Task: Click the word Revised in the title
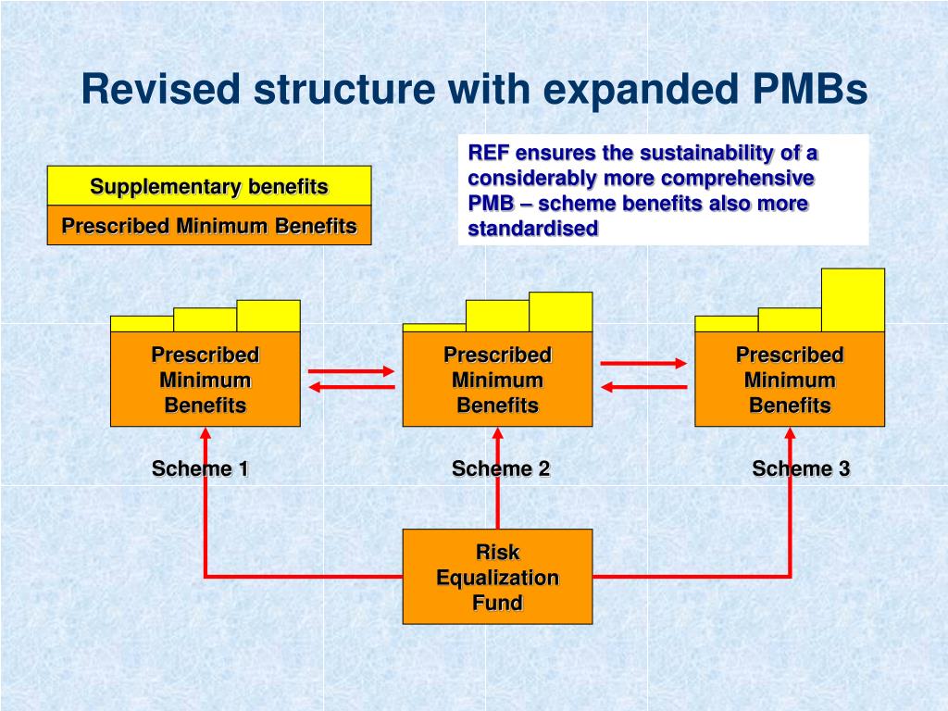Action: pyautogui.click(x=160, y=90)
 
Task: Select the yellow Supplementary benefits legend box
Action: pyautogui.click(x=209, y=186)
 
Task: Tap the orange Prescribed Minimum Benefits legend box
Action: pyautogui.click(x=209, y=226)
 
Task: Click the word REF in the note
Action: pyautogui.click(x=489, y=153)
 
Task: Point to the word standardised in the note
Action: pyautogui.click(x=533, y=229)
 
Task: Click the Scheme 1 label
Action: pyautogui.click(x=200, y=468)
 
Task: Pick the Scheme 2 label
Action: pyautogui.click(x=501, y=468)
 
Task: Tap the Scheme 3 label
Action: pyautogui.click(x=801, y=468)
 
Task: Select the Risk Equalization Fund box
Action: pyautogui.click(x=497, y=577)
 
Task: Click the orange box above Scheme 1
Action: pyautogui.click(x=206, y=379)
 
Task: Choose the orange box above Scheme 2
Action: pyautogui.click(x=497, y=379)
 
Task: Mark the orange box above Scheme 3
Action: pyautogui.click(x=790, y=379)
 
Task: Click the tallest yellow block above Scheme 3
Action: pyautogui.click(x=853, y=300)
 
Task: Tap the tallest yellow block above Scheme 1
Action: pyautogui.click(x=268, y=316)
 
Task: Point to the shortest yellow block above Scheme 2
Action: pyautogui.click(x=434, y=327)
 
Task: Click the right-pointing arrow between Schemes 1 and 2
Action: pyautogui.click(x=351, y=371)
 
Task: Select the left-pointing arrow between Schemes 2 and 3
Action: pyautogui.click(x=643, y=388)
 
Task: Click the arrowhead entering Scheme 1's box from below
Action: pyautogui.click(x=206, y=432)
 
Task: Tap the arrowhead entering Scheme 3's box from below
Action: pyautogui.click(x=790, y=432)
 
